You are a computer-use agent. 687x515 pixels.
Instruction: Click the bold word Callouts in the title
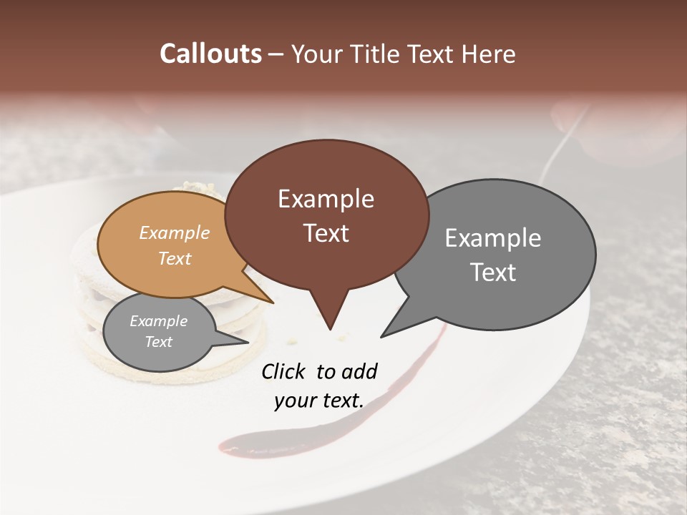tap(210, 54)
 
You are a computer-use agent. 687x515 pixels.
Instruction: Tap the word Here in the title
tap(489, 54)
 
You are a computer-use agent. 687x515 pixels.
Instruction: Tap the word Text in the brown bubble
tap(326, 233)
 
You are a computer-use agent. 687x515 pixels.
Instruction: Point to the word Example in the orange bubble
tap(175, 232)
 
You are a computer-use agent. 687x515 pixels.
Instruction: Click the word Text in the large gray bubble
tap(493, 273)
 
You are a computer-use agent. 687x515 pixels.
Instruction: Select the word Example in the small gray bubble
tap(158, 321)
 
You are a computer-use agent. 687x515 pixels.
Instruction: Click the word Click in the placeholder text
tap(285, 371)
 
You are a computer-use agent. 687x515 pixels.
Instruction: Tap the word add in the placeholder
tap(359, 371)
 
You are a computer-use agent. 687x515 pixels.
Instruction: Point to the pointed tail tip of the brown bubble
tap(330, 329)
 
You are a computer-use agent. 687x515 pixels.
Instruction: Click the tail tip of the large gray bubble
tap(381, 336)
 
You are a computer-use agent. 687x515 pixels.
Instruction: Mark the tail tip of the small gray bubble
tap(248, 342)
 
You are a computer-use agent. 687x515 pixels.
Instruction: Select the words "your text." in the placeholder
tap(319, 401)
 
